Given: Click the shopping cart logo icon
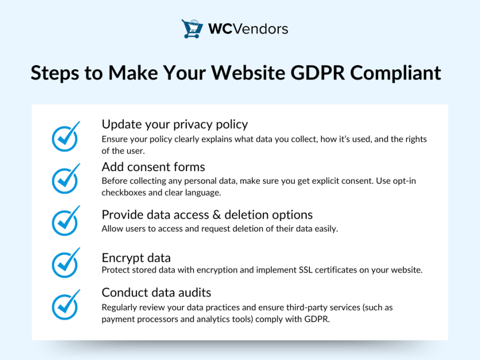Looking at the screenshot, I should [192, 28].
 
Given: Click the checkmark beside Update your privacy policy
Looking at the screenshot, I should [65, 137].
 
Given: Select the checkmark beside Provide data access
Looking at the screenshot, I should [65, 221].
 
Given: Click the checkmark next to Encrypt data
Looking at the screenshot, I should [65, 263].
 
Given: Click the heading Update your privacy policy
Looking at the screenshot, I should [174, 124].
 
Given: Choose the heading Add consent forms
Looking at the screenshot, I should [153, 166].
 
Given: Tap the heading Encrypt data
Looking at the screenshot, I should [136, 258].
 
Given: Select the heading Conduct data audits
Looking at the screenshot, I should [156, 292].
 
